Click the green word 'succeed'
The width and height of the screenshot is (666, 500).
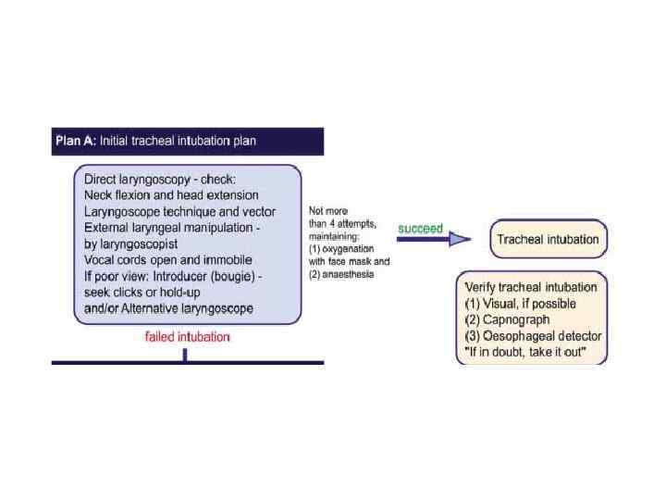coord(421,228)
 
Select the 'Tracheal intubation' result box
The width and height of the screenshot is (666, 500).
coord(548,240)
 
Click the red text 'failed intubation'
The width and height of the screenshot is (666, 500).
coord(187,337)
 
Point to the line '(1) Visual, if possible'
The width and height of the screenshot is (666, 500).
coord(520,303)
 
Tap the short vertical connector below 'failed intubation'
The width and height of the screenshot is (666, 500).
coord(185,354)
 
